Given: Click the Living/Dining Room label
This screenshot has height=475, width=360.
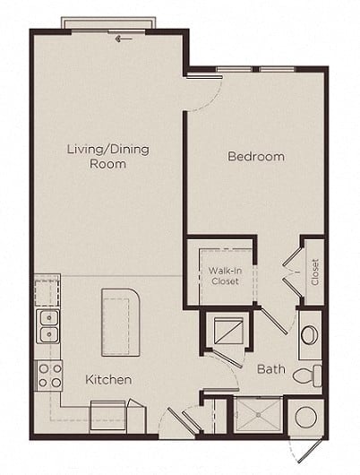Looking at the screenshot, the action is [x=108, y=156].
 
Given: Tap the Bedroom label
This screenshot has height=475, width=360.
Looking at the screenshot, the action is [x=256, y=156].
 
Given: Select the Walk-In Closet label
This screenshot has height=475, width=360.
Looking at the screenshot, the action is [x=225, y=276].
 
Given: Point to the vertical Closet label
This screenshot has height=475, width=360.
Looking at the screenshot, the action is [x=315, y=272].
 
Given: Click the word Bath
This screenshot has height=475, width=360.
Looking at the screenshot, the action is [x=271, y=369].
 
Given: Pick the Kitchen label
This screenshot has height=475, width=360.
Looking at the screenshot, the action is [x=108, y=380].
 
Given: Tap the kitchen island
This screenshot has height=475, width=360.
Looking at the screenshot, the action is [x=121, y=322].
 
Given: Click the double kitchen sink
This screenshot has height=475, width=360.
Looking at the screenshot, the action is [x=47, y=326].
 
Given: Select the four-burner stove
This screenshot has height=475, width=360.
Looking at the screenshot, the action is [x=49, y=376].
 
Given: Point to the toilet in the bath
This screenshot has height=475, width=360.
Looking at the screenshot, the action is [x=307, y=376].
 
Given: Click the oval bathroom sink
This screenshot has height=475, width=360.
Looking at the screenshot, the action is [x=310, y=335].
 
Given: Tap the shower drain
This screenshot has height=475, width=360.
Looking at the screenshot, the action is [x=258, y=414].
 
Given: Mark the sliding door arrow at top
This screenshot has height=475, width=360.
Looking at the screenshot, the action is [x=124, y=39].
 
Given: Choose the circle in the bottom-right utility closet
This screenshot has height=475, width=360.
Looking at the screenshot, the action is [x=305, y=417].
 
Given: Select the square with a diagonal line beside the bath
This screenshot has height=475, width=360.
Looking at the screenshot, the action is [x=228, y=331].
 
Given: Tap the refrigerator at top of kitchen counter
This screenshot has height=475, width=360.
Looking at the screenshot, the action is [x=47, y=291].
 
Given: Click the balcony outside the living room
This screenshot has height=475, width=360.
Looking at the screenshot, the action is [x=108, y=23].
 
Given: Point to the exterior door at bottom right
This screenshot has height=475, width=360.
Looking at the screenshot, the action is [x=313, y=453].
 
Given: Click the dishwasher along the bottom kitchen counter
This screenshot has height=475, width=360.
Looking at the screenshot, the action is [x=107, y=417].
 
